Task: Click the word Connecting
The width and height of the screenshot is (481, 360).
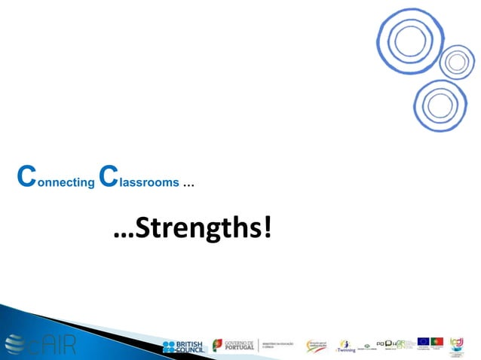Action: click(x=53, y=182)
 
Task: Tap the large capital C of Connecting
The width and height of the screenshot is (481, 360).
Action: click(x=25, y=178)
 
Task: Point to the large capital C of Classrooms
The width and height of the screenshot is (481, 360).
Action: click(x=109, y=178)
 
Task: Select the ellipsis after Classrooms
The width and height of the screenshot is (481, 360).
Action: click(x=188, y=184)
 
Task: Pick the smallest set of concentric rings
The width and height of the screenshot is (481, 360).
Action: click(x=457, y=63)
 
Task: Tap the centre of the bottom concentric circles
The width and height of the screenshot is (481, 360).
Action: click(x=440, y=105)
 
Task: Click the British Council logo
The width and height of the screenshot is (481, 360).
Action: click(x=182, y=346)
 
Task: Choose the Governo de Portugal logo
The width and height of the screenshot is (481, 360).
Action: click(x=233, y=346)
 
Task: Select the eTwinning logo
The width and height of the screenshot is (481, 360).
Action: click(x=346, y=346)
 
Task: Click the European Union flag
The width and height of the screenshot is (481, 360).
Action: click(x=423, y=341)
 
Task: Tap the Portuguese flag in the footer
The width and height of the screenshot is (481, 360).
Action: click(x=437, y=341)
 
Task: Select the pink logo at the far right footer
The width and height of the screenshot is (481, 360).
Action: click(x=458, y=343)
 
